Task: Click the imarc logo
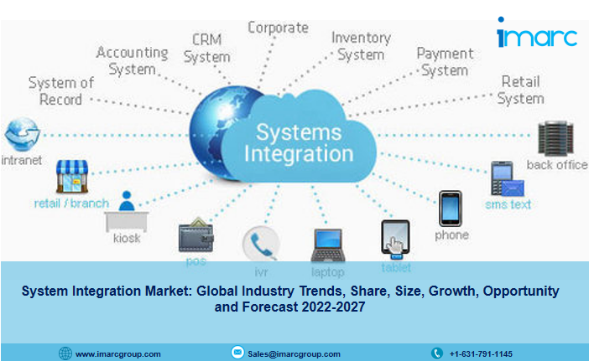[537, 33]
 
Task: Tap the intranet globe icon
[22, 134]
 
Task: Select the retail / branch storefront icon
[72, 176]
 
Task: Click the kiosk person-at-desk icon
[127, 211]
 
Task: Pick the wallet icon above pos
[196, 235]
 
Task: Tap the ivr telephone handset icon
[261, 243]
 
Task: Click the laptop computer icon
[328, 245]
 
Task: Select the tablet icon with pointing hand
[395, 240]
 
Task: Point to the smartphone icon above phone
[451, 209]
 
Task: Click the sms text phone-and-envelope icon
[507, 178]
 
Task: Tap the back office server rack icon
[555, 138]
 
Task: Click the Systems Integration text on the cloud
[299, 143]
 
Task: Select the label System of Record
[61, 91]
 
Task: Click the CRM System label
[207, 49]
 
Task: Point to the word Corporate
[279, 28]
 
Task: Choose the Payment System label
[445, 62]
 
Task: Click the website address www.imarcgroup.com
[118, 353]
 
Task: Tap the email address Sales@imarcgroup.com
[294, 353]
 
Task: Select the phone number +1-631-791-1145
[481, 353]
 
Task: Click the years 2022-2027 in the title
[333, 307]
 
